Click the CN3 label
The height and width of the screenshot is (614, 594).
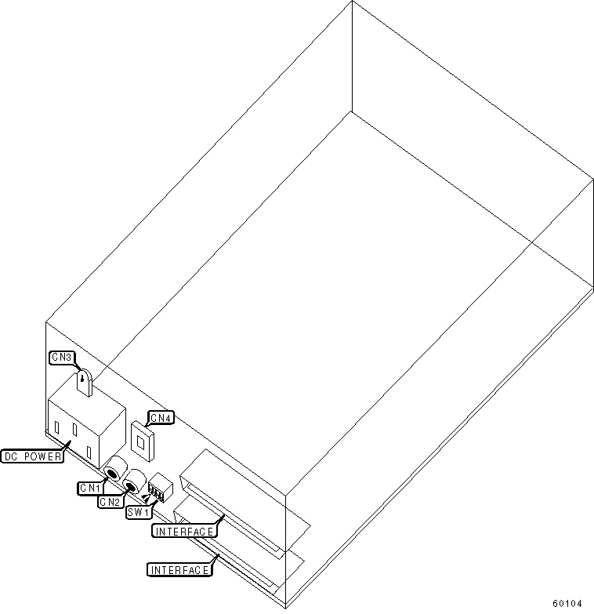(x=61, y=358)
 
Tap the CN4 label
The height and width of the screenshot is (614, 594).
(x=161, y=418)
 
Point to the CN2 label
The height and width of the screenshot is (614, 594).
(x=110, y=501)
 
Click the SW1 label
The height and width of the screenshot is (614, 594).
(x=137, y=512)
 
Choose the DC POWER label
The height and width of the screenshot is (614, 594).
(x=32, y=456)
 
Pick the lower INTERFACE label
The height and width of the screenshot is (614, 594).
(x=179, y=569)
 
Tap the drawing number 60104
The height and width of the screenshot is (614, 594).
(x=567, y=603)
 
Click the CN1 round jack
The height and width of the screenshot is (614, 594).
(x=114, y=471)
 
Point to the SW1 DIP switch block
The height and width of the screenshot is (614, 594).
(x=160, y=489)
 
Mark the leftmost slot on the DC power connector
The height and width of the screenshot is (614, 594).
(x=56, y=428)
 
